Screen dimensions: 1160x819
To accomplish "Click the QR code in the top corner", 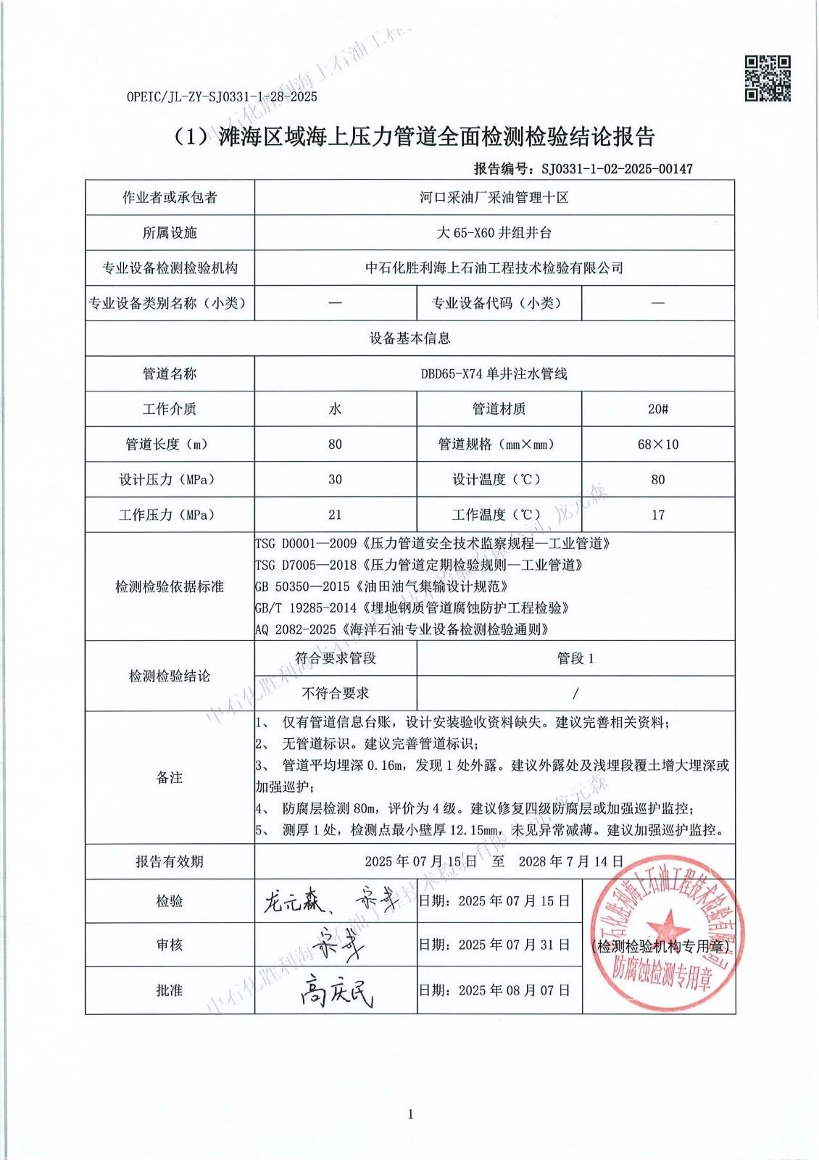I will pyautogui.click(x=768, y=78).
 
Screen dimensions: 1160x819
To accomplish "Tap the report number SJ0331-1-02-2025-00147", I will pyautogui.click(x=617, y=169).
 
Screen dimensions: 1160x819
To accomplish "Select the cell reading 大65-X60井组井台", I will pyautogui.click(x=494, y=233).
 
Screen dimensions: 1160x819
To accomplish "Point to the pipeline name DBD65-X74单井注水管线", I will pyautogui.click(x=494, y=374).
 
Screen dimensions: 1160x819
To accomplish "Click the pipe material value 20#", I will pyautogui.click(x=658, y=409).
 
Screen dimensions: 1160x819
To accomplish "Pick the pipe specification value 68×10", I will pyautogui.click(x=658, y=444).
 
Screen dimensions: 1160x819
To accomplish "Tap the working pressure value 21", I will pyautogui.click(x=335, y=515).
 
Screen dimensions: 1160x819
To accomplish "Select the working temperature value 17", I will pyautogui.click(x=658, y=515).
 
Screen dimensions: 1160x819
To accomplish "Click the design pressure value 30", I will pyautogui.click(x=335, y=479).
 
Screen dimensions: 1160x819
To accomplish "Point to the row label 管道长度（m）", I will pyautogui.click(x=170, y=444).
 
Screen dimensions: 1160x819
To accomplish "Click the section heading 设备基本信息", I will pyautogui.click(x=410, y=339).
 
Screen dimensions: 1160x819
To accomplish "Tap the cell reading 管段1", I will pyautogui.click(x=575, y=658).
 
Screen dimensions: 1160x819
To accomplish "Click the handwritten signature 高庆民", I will pyautogui.click(x=336, y=990).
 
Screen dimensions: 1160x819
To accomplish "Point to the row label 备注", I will pyautogui.click(x=170, y=777).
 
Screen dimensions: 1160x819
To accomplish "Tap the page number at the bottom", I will pyautogui.click(x=410, y=1114).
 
